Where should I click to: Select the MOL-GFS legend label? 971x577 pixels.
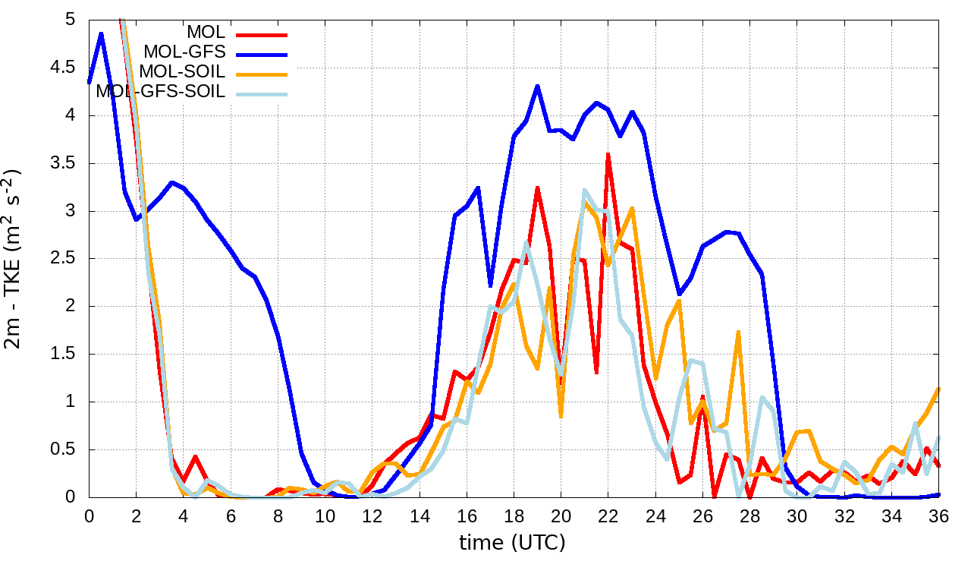(184, 52)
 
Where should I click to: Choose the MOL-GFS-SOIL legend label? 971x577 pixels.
(160, 92)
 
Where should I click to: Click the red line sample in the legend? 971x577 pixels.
(262, 34)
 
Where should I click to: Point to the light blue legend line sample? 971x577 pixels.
(262, 93)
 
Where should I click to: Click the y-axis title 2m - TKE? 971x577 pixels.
(16, 259)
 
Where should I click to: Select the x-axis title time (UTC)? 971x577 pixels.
(512, 543)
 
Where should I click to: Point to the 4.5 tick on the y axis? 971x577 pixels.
(66, 68)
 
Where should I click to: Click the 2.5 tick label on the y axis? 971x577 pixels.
(66, 258)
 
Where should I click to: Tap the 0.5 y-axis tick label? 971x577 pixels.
(66, 449)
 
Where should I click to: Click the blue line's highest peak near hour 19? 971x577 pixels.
(537, 86)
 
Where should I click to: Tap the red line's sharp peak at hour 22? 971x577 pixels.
(608, 153)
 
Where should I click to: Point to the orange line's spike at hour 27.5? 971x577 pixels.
(738, 332)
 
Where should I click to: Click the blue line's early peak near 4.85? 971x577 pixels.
(101, 33)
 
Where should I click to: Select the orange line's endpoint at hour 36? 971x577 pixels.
(939, 388)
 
